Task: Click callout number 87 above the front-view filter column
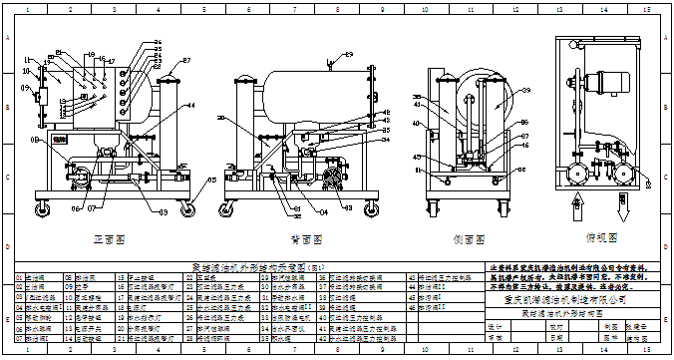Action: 186,62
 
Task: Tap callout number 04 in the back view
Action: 296,211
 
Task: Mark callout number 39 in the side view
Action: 416,97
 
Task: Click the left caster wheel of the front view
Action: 43,210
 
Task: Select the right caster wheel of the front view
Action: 183,210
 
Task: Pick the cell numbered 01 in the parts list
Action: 19,276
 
